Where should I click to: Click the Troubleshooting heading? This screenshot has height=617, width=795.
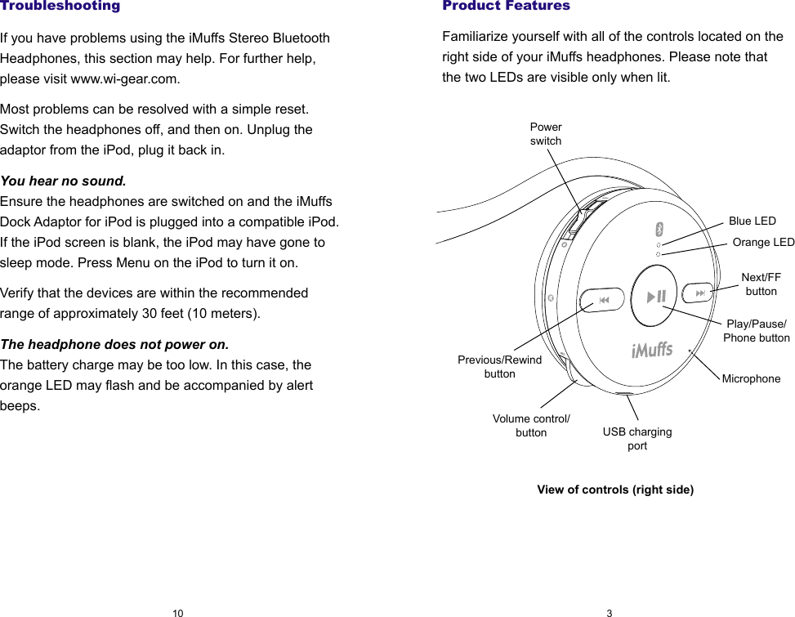pyautogui.click(x=60, y=7)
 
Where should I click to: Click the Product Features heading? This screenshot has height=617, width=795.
pyautogui.click(x=506, y=7)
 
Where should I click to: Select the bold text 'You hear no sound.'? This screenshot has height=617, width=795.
pyautogui.click(x=64, y=181)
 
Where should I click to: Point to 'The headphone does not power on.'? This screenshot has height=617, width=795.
pyautogui.click(x=114, y=344)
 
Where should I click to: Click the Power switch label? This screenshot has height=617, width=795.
pyautogui.click(x=546, y=134)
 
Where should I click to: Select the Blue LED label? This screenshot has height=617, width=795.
pyautogui.click(x=752, y=221)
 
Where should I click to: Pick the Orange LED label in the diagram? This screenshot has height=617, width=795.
pyautogui.click(x=763, y=242)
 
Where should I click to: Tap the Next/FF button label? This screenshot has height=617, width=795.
pyautogui.click(x=761, y=284)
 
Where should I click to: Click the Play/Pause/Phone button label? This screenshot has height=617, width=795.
pyautogui.click(x=757, y=331)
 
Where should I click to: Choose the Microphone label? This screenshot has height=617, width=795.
pyautogui.click(x=751, y=378)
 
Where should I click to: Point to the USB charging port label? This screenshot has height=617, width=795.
pyautogui.click(x=637, y=438)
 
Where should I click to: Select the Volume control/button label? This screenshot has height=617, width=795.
pyautogui.click(x=531, y=425)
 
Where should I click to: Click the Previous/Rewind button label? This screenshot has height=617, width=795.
pyautogui.click(x=499, y=366)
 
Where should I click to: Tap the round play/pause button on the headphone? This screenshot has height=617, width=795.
pyautogui.click(x=656, y=297)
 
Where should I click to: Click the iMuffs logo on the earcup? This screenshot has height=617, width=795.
pyautogui.click(x=651, y=351)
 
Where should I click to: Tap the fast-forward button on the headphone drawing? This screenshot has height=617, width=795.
pyautogui.click(x=699, y=293)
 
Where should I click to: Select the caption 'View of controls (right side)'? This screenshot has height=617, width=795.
pyautogui.click(x=614, y=490)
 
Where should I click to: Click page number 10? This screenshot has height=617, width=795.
pyautogui.click(x=177, y=612)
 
